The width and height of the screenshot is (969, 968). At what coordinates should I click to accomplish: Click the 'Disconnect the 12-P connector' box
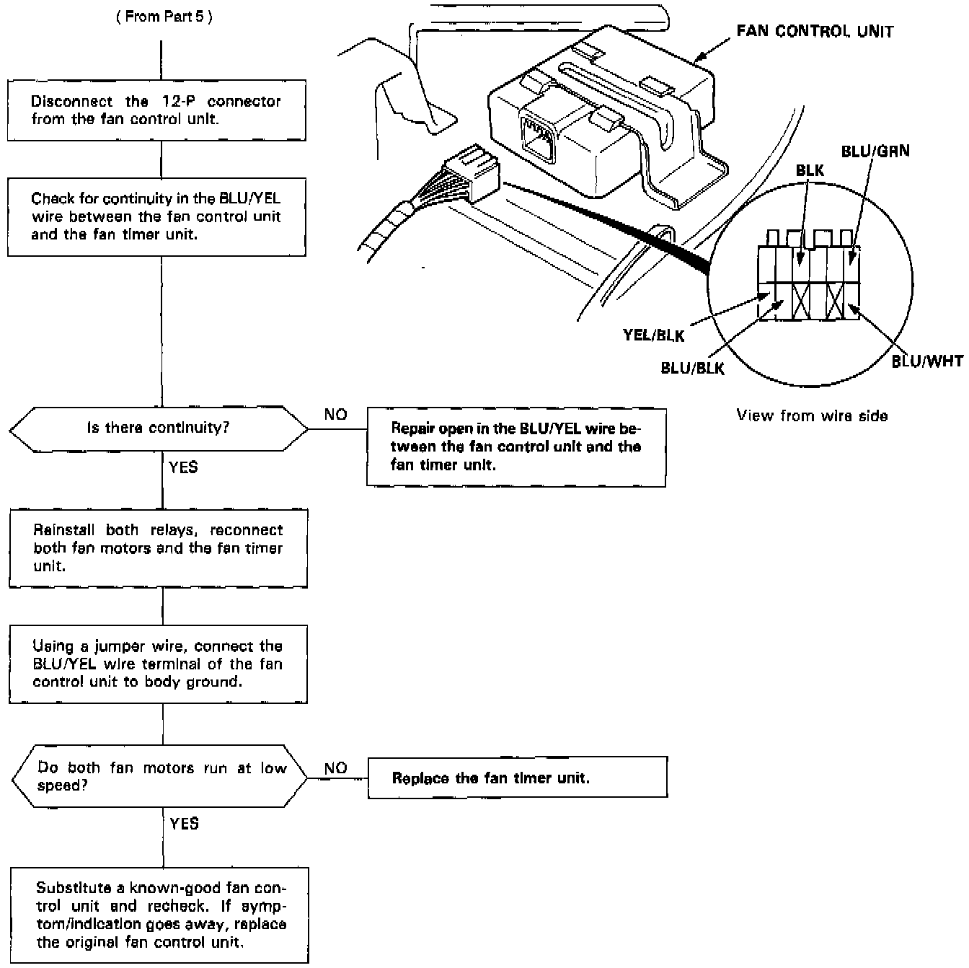point(156,110)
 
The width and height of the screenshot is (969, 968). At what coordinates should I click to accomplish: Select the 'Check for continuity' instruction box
point(156,216)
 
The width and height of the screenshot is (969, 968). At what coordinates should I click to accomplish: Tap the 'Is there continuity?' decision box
point(158,428)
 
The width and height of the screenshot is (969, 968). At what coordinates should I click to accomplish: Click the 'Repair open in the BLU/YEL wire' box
point(516,447)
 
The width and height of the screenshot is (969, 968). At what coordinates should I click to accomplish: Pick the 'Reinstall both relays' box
point(158,548)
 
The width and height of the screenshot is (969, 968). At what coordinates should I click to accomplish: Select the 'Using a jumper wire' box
point(158,664)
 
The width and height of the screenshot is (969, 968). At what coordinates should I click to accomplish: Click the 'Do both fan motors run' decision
point(160,777)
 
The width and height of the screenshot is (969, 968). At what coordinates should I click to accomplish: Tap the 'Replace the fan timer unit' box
point(517,778)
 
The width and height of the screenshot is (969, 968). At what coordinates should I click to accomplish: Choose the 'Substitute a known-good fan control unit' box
point(159,915)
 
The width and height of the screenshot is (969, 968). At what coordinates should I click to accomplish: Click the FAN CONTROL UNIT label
point(814,32)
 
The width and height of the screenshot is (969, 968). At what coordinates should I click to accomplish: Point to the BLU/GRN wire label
point(875,151)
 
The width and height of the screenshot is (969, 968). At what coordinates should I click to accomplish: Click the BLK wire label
point(810,171)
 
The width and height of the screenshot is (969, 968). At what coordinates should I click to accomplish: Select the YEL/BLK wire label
point(653,335)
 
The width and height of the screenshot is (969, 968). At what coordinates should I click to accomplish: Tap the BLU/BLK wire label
point(692,368)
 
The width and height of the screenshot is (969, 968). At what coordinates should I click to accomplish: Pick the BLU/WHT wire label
point(927,361)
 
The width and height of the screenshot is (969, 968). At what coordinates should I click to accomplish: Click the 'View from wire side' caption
point(812,415)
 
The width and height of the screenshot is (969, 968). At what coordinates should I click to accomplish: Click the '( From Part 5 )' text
point(164,17)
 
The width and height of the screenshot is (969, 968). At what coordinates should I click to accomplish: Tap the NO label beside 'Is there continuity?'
point(335,415)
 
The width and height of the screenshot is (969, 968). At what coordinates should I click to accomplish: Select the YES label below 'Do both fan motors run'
point(184,823)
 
